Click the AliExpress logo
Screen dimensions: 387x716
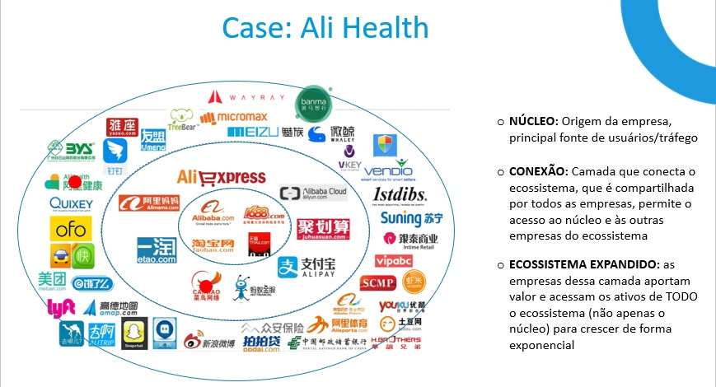click(x=221, y=177)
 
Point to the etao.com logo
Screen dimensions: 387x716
click(x=157, y=249)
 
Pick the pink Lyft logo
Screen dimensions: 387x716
click(x=62, y=308)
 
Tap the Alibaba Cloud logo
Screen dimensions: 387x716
click(x=313, y=193)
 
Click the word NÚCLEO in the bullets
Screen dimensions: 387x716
click(x=532, y=121)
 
